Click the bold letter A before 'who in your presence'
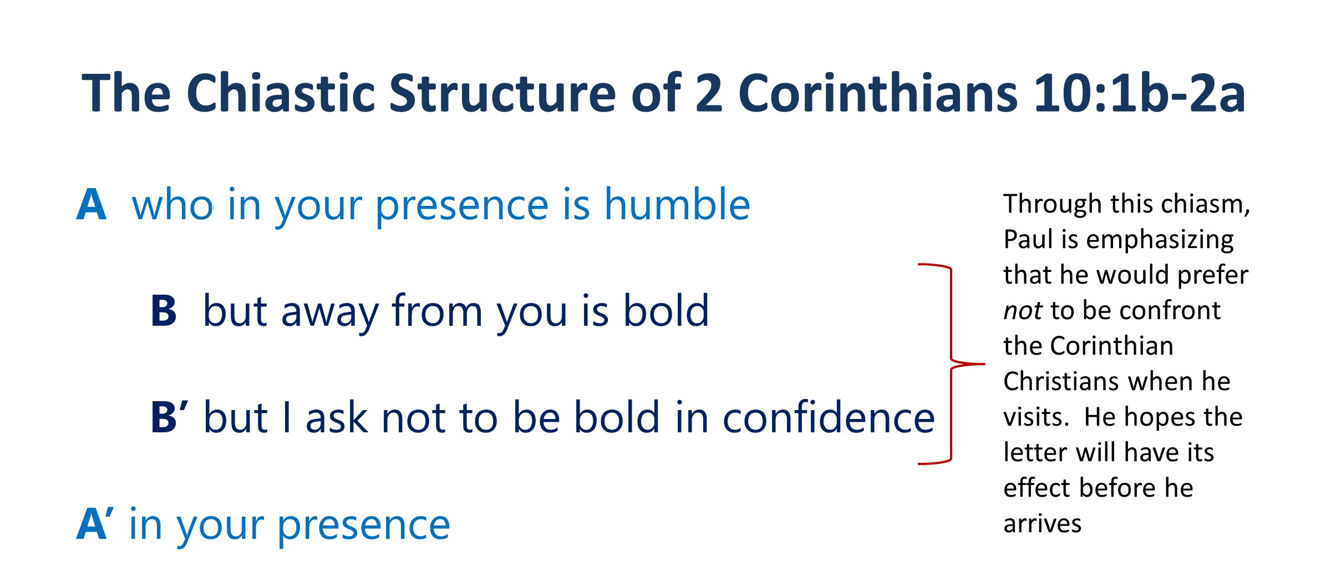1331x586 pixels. pos(92,205)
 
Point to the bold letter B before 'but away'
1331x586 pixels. pos(164,311)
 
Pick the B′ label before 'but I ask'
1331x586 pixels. pos(170,417)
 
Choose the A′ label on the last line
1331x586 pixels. pos(95,523)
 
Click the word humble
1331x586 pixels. pos(677,204)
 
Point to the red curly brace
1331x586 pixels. pos(951,364)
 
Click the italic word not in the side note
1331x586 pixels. pos(1023,311)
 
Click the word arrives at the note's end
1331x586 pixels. pos(1043,524)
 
